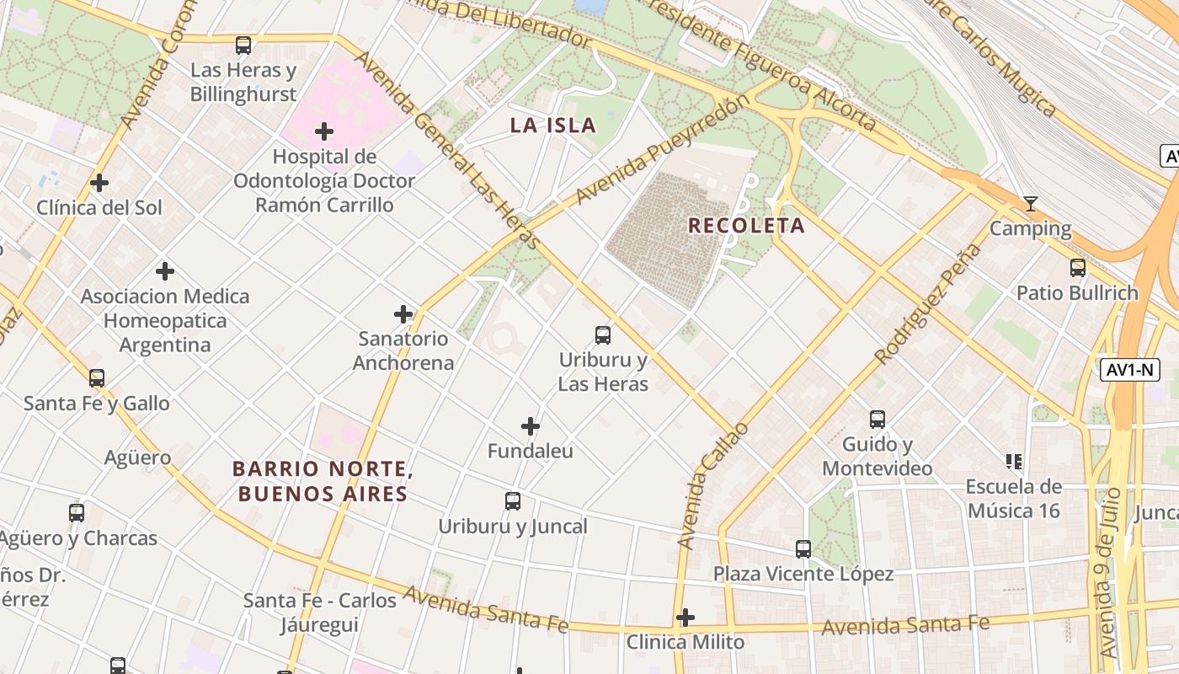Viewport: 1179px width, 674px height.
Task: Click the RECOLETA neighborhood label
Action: [x=746, y=226]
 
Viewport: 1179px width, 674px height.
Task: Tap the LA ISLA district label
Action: [x=552, y=126]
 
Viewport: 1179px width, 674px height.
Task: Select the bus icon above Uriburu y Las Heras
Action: [x=603, y=335]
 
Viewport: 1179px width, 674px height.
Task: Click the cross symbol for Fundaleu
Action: [x=531, y=426]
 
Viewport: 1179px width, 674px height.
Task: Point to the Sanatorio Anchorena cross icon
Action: [x=403, y=314]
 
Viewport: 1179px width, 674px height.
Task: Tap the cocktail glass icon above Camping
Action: [x=1030, y=204]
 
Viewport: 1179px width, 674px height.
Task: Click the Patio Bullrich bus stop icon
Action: [x=1077, y=268]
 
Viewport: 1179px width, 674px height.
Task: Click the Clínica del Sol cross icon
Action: [x=99, y=183]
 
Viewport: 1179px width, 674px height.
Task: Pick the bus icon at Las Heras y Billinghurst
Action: [x=243, y=45]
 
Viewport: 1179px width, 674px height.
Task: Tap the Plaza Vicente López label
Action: [x=803, y=574]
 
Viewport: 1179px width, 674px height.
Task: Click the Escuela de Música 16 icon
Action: [x=1014, y=461]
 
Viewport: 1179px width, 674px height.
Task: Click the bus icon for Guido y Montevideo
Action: [x=877, y=420]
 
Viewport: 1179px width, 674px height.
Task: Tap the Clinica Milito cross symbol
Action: [x=686, y=618]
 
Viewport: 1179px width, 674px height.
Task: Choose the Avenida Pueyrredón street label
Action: [x=663, y=150]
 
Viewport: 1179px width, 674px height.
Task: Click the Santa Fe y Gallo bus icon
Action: [x=97, y=378]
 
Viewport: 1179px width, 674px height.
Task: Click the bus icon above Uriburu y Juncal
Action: [x=513, y=501]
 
